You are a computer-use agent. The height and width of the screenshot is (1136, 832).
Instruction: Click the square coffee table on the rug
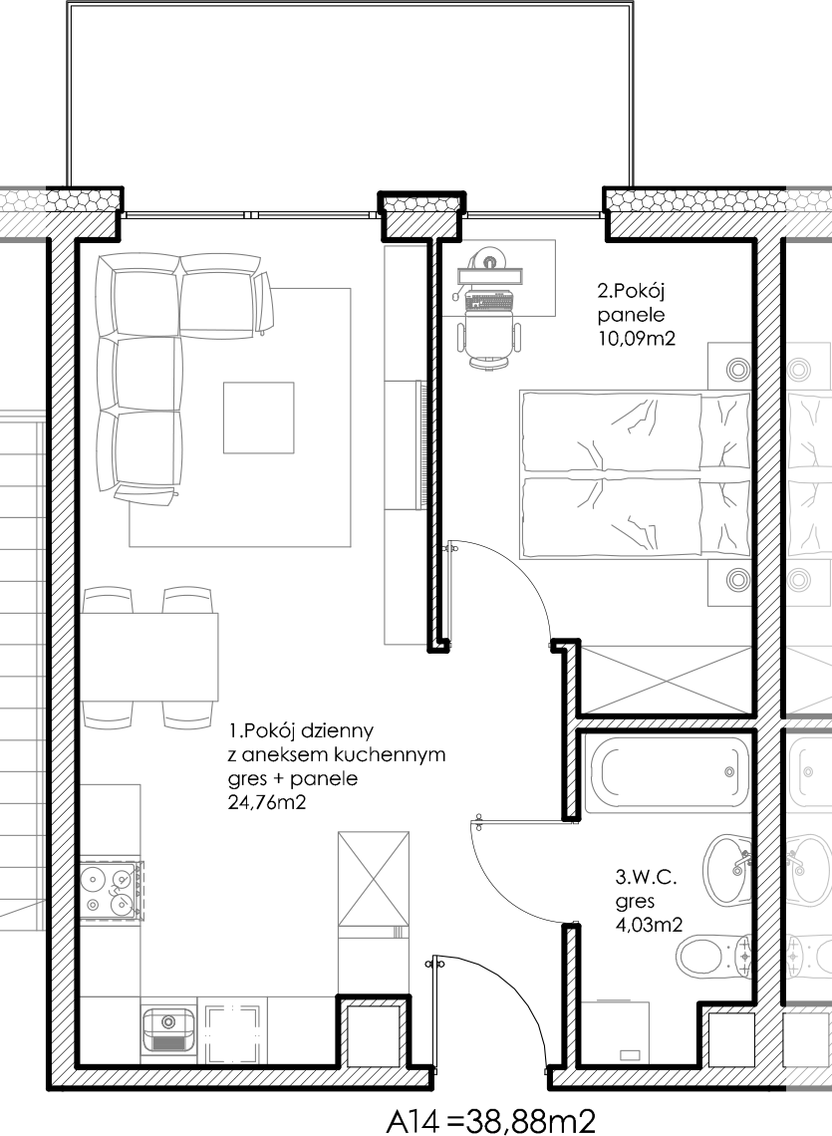click(x=258, y=418)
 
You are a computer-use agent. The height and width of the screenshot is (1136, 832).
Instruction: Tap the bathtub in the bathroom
click(x=667, y=774)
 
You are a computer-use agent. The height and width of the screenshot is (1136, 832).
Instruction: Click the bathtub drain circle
click(x=729, y=772)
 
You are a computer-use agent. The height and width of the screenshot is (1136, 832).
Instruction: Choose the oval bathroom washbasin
click(x=727, y=868)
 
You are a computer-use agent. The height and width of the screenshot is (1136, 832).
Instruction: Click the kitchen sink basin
click(x=167, y=1025)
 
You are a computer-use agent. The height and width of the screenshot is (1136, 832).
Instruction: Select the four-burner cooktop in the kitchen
click(x=110, y=890)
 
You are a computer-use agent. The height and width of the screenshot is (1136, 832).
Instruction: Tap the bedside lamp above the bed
click(x=738, y=370)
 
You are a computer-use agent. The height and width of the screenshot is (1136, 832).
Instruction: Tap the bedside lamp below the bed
click(x=738, y=578)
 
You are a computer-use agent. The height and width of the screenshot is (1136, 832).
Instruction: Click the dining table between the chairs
click(x=149, y=657)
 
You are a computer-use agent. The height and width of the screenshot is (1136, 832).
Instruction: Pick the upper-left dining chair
click(x=108, y=599)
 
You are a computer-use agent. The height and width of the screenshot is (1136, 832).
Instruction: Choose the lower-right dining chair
click(x=187, y=715)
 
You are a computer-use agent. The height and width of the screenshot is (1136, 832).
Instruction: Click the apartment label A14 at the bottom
click(x=434, y=1120)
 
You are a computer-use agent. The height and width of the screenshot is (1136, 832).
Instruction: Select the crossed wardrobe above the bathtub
click(x=666, y=680)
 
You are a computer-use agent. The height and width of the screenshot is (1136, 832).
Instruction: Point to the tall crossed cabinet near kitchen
click(x=373, y=879)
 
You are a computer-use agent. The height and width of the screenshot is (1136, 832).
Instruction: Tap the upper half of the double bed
click(x=634, y=431)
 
